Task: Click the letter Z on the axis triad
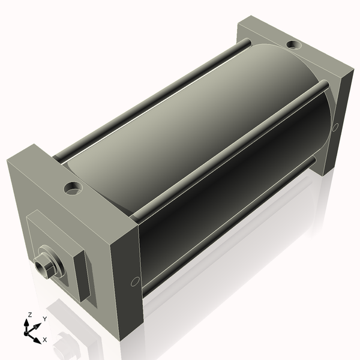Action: click(x=30, y=315)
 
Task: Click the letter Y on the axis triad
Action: click(x=45, y=319)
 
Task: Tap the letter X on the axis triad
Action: click(x=45, y=340)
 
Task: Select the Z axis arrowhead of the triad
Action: click(x=27, y=323)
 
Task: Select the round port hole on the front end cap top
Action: click(x=73, y=188)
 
